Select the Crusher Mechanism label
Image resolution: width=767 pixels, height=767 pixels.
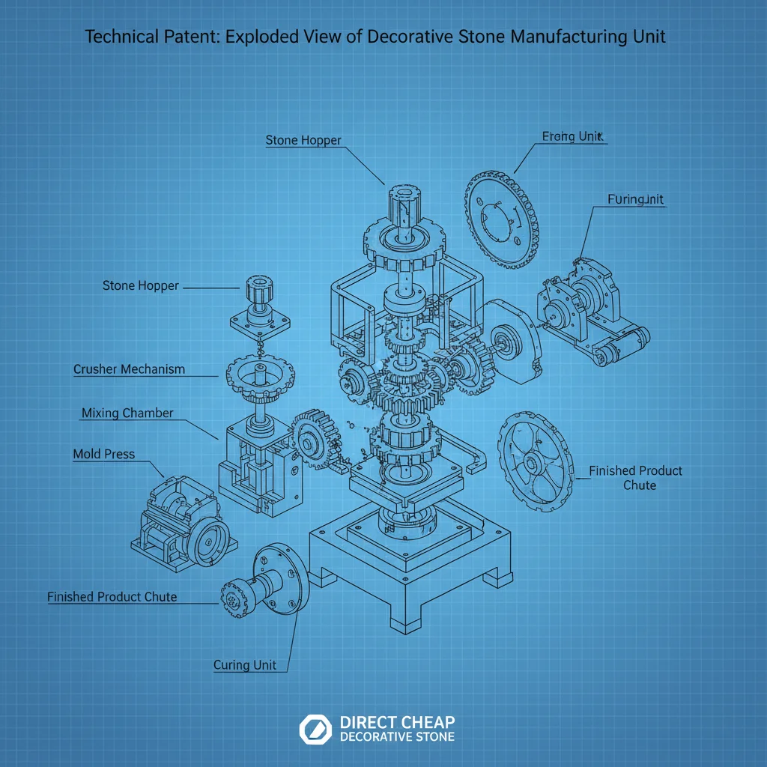click(x=129, y=369)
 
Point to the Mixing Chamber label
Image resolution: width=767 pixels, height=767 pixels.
click(x=127, y=413)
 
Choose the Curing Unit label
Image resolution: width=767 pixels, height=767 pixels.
click(x=245, y=665)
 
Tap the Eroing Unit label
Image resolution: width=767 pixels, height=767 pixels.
click(x=573, y=136)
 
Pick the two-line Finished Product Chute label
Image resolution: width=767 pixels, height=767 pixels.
click(x=635, y=478)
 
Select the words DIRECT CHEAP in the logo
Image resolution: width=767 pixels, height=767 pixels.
click(x=397, y=722)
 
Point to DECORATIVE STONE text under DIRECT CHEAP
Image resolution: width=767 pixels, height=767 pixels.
click(x=397, y=737)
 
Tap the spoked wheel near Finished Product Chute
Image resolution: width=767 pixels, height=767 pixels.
click(x=534, y=460)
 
